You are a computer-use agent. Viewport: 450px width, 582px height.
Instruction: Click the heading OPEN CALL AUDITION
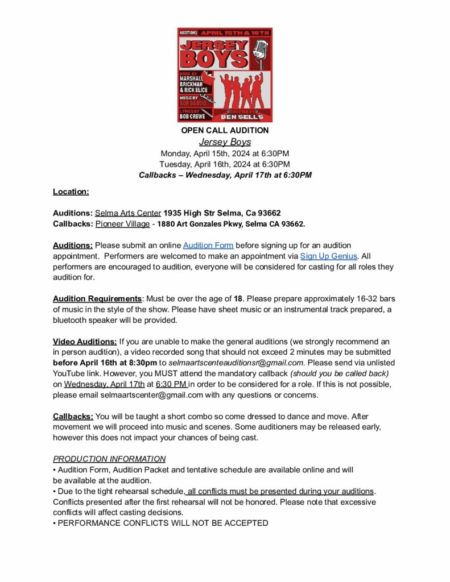[x=225, y=131]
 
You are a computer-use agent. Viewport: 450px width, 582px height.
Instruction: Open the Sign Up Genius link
[x=329, y=256]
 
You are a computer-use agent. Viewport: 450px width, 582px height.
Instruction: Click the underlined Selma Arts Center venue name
[x=128, y=213]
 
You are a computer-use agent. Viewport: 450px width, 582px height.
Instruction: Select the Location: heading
[x=71, y=192]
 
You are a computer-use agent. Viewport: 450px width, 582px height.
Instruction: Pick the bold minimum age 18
[x=238, y=299]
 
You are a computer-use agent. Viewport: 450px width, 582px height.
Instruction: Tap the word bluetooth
[x=72, y=321]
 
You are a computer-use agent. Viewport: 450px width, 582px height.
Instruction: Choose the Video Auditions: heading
[x=85, y=342]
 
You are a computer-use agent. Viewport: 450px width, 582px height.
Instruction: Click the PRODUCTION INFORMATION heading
[x=109, y=459]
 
